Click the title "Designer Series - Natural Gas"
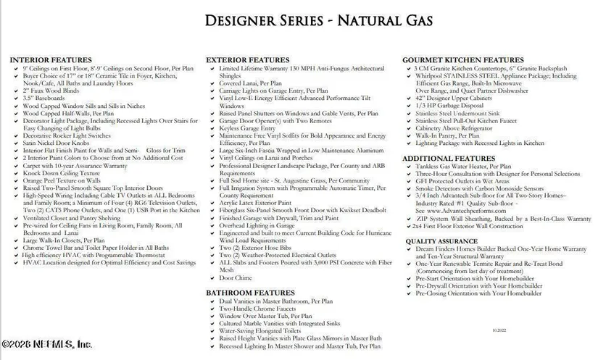coord(299,20)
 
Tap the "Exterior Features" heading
coord(248,60)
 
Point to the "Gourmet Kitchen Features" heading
coord(463,60)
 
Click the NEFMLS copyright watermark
coord(45,345)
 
